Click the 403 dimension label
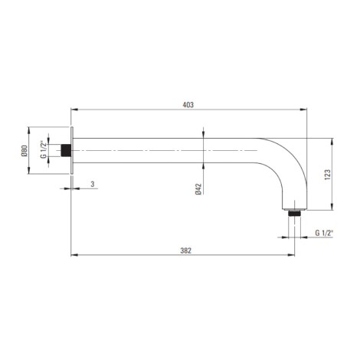[x=188, y=105]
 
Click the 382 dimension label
[x=186, y=250]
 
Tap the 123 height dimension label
[x=328, y=175]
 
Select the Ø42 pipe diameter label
[x=198, y=189]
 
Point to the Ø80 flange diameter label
[x=25, y=151]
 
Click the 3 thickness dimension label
[x=93, y=184]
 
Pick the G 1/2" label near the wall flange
[x=44, y=149]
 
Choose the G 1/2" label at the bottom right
[x=324, y=233]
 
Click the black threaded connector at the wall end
[x=66, y=150]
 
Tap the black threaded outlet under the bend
[x=294, y=213]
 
